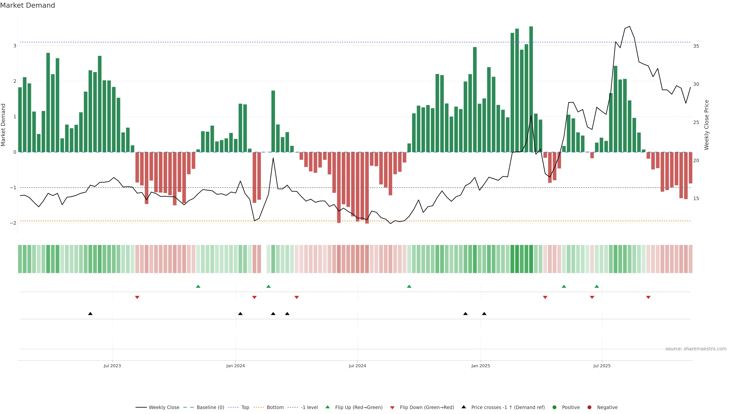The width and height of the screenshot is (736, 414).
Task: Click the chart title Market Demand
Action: pos(27,5)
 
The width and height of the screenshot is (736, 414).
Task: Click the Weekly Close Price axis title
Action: pos(706,125)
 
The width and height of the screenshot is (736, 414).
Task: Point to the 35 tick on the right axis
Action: pos(696,46)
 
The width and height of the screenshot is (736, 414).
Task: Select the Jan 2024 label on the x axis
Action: pos(235,366)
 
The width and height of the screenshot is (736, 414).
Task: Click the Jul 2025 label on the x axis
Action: pos(602,366)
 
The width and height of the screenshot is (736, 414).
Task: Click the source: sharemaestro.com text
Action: pos(696,349)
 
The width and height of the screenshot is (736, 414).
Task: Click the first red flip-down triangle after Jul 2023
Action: pos(137,297)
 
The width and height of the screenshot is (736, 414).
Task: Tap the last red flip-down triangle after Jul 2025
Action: pos(648,297)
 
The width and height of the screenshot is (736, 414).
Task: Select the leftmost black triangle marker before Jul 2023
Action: pos(90,314)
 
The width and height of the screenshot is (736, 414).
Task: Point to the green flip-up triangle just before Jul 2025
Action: pos(597,286)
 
